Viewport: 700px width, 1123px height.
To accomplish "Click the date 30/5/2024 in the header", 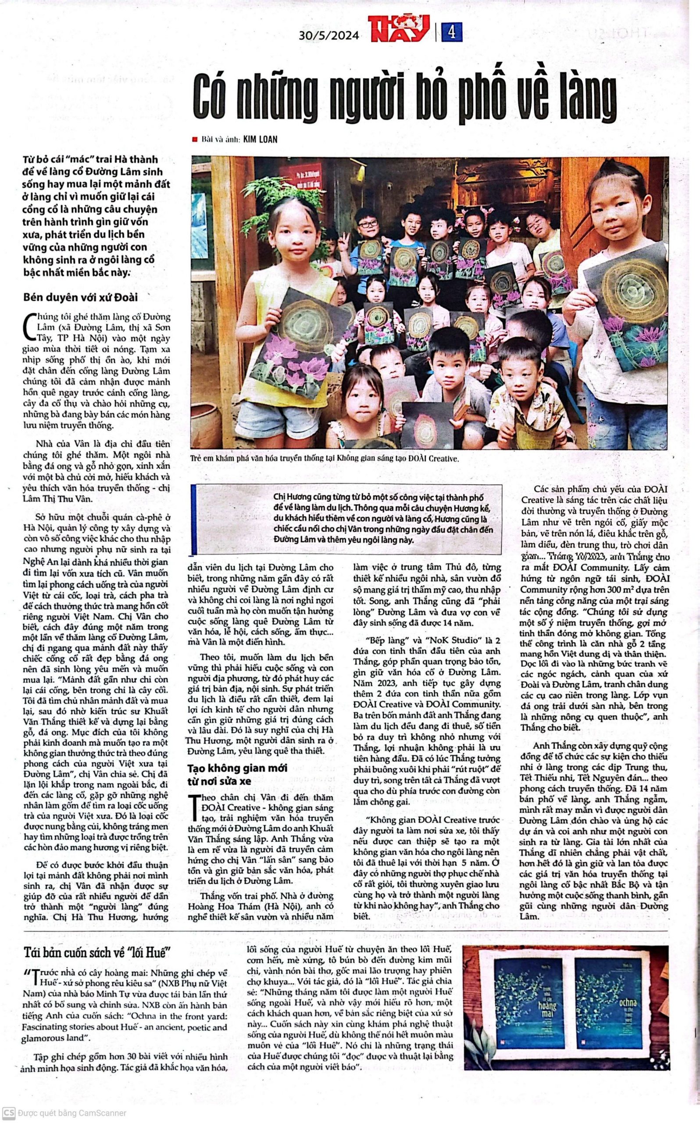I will [x=329, y=35].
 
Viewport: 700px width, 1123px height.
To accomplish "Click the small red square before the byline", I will [x=195, y=139].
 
